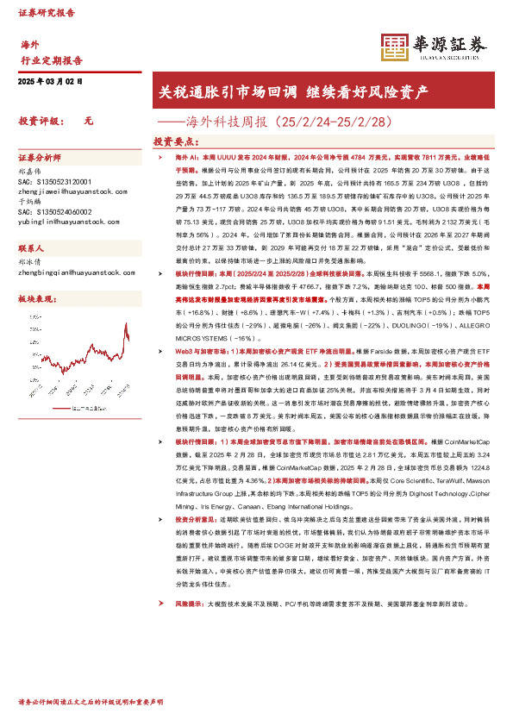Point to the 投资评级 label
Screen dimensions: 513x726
tap(37, 122)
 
